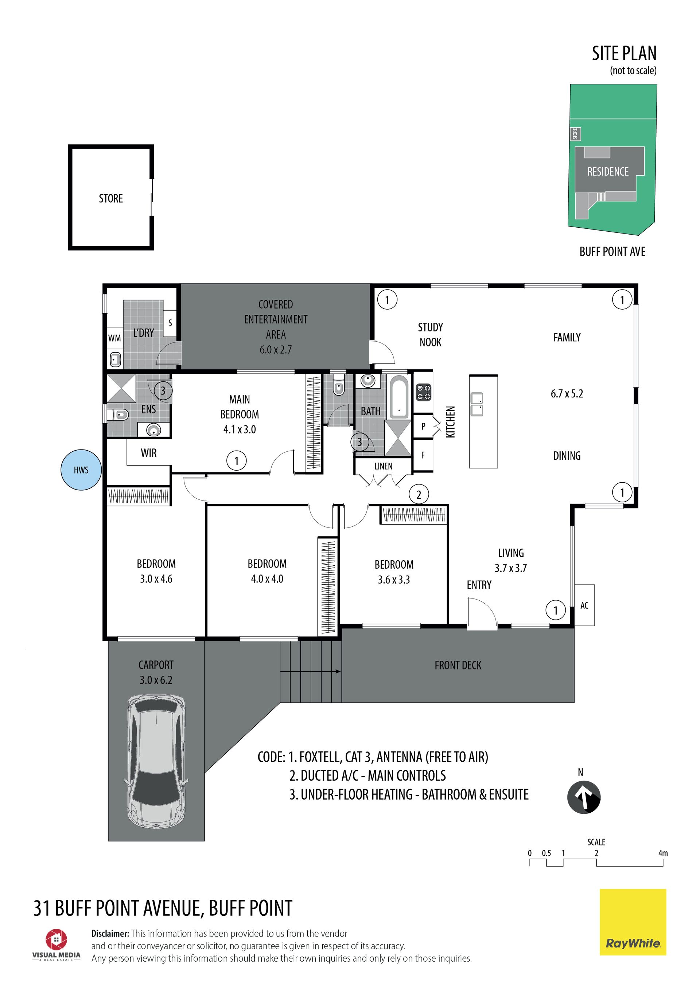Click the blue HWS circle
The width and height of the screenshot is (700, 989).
[x=81, y=470]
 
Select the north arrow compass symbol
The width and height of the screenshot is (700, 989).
[x=584, y=797]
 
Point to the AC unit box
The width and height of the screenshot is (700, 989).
[x=584, y=605]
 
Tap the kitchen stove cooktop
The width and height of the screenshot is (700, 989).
[x=423, y=392]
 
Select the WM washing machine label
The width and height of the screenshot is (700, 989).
[x=114, y=338]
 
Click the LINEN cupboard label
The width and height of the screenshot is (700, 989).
[x=383, y=466]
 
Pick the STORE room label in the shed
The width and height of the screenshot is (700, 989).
[x=111, y=199]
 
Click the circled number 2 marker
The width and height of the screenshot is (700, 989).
[x=419, y=495]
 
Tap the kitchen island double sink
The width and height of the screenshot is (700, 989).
[x=477, y=404]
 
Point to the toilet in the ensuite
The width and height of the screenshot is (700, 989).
[x=120, y=415]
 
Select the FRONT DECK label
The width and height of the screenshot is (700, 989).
[x=458, y=666]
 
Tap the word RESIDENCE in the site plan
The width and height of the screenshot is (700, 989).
[x=608, y=172]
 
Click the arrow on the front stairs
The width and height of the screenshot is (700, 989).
[x=310, y=672]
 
